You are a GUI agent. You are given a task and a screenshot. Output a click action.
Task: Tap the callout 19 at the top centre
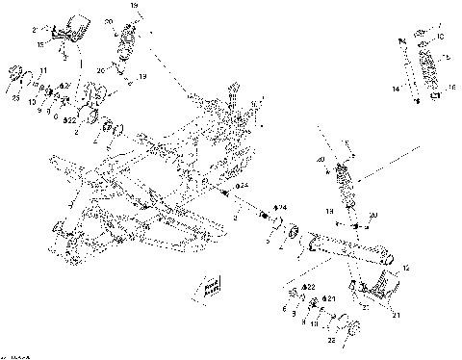pos(134,6)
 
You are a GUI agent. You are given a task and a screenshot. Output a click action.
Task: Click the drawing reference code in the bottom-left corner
pos(13,354)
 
